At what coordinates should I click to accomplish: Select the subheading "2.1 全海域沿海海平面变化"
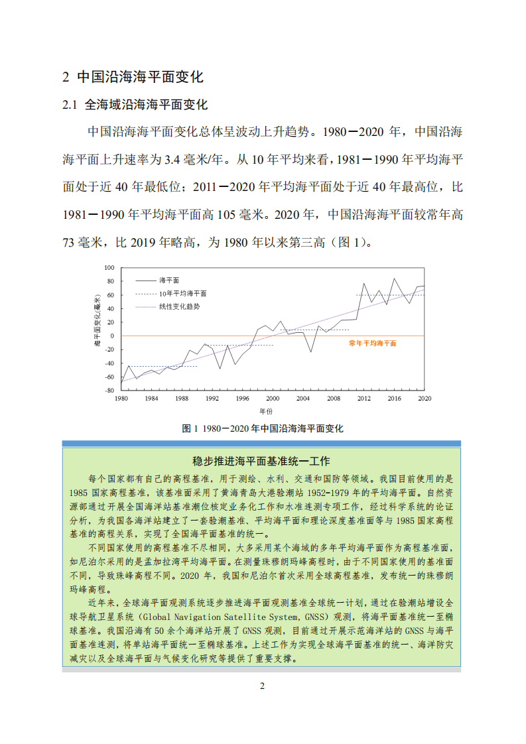point(135,105)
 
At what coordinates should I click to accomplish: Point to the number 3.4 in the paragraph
point(172,159)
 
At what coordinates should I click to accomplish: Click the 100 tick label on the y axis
point(109,268)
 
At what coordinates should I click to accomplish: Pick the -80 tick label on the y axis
point(109,391)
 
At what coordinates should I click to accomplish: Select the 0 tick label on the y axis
point(112,336)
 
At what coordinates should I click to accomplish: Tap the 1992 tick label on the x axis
point(212,399)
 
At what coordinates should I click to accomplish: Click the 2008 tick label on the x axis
point(334,399)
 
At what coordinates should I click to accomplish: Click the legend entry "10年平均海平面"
point(182,293)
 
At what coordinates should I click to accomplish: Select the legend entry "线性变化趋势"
point(179,306)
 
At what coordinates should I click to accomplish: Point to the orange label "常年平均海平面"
point(372,343)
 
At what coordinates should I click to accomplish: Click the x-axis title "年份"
point(272,411)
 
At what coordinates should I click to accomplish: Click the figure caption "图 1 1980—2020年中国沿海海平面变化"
point(263,428)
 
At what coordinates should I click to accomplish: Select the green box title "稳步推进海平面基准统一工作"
point(261,461)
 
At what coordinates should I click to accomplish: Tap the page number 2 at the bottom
point(262,686)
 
